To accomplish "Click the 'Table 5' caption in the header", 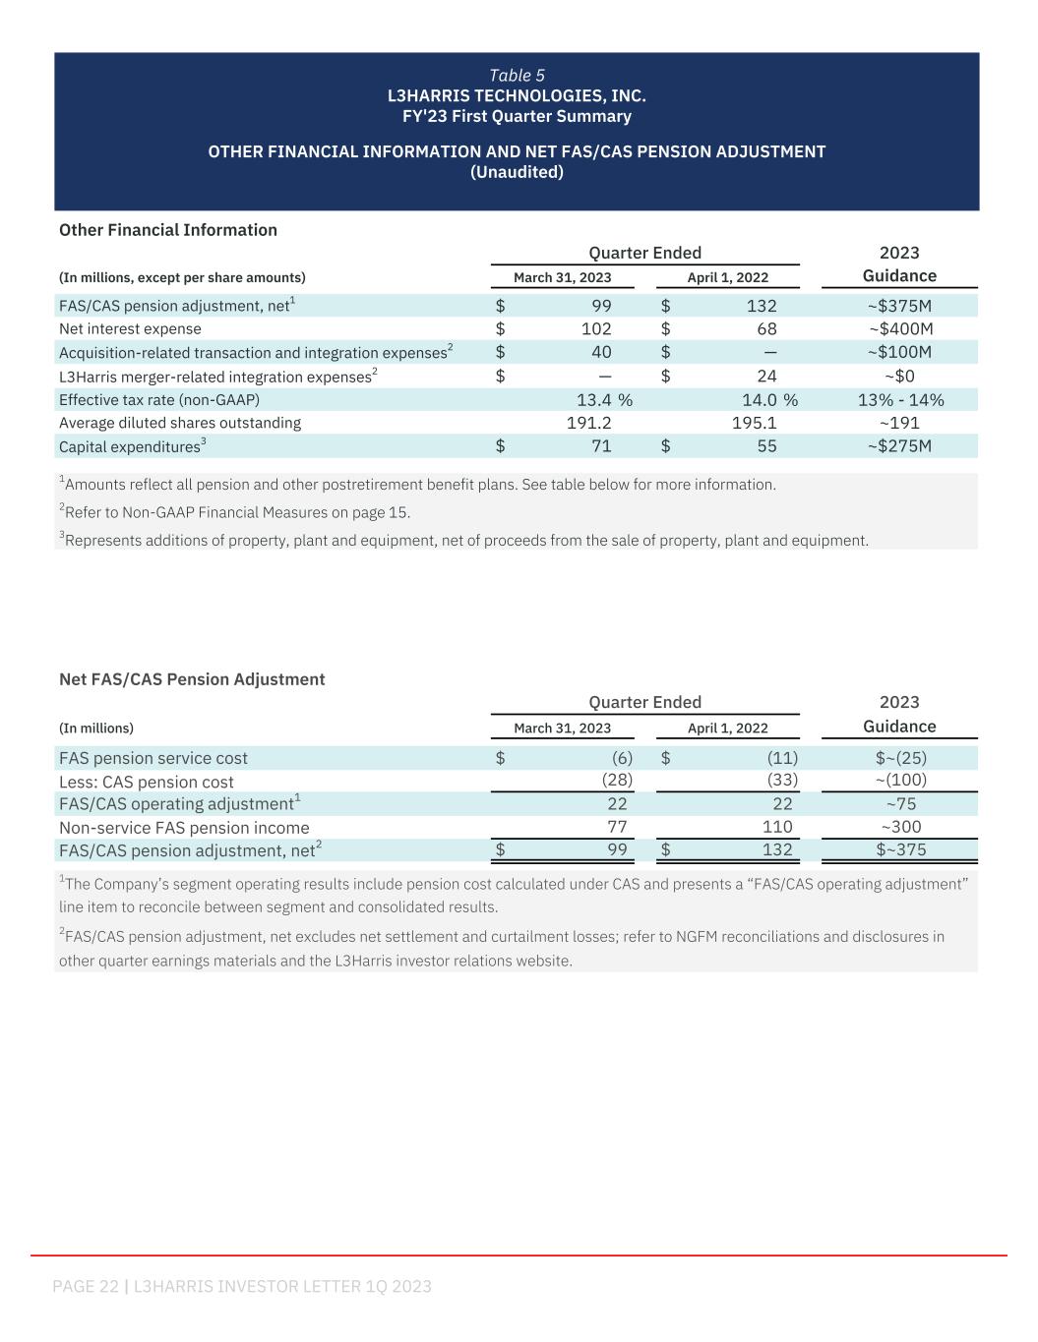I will [x=517, y=76].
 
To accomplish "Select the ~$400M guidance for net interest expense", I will [x=900, y=329].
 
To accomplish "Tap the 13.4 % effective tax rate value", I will [x=603, y=400].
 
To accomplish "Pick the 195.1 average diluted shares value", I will [x=755, y=423].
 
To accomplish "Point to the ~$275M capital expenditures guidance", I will [x=899, y=446].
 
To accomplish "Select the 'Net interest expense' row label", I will [x=130, y=329].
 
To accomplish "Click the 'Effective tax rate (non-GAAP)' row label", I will [x=159, y=400].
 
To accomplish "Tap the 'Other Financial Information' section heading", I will [x=168, y=230].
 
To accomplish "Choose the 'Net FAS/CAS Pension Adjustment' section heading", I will [x=192, y=679].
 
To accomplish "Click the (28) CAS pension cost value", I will [x=617, y=781].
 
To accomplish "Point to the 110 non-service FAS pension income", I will [x=777, y=827].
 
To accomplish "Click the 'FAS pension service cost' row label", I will [x=153, y=758].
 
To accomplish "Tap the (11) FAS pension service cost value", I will [x=782, y=758].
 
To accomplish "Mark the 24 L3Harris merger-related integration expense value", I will [x=766, y=377].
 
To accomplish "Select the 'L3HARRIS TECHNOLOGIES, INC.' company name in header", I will [x=517, y=96].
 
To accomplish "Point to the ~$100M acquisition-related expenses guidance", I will [x=899, y=353].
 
